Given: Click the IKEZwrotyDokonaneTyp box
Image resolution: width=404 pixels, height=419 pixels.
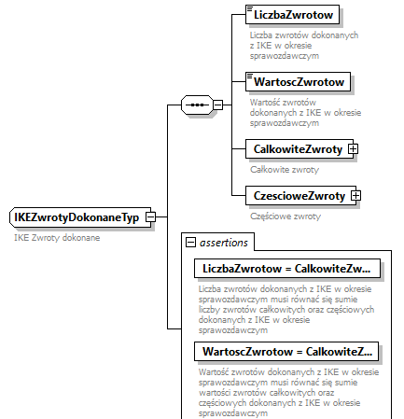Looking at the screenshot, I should [76, 217].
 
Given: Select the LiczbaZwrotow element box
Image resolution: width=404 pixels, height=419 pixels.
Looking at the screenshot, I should [292, 16].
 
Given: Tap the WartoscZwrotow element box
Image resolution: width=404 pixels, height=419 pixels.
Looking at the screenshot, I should [296, 82].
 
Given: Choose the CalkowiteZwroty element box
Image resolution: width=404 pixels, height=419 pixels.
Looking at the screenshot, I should [296, 148].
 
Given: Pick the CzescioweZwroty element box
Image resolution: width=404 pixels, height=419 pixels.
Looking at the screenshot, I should [297, 196].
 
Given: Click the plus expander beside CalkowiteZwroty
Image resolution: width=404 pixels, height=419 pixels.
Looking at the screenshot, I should [353, 148].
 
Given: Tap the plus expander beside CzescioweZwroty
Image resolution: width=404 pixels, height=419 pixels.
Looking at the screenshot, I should [355, 196].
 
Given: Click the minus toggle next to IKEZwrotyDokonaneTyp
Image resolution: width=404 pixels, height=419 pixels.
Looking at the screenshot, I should [149, 217].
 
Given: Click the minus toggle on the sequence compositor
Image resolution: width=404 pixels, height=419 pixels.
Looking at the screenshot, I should [218, 104].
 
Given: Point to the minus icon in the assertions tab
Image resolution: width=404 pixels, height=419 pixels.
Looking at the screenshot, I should [192, 243].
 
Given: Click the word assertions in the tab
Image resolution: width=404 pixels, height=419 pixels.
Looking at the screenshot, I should [224, 243].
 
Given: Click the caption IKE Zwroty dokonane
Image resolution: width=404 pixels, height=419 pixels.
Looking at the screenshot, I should [57, 238].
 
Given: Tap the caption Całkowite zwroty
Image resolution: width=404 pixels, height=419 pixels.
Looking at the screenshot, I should [286, 170].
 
